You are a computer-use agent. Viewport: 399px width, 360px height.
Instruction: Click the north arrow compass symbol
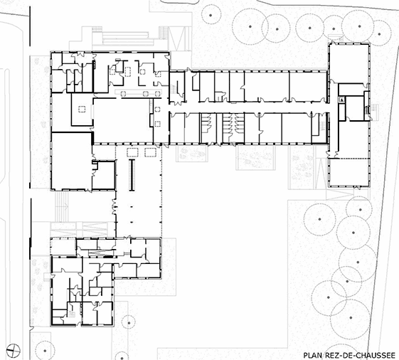[14, 350]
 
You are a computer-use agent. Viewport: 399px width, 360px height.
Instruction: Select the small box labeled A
[341, 100]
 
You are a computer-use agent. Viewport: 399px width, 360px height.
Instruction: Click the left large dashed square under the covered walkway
[132, 152]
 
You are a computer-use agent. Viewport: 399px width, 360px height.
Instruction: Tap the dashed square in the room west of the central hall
[82, 110]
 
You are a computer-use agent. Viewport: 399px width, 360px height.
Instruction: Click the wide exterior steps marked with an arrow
[62, 207]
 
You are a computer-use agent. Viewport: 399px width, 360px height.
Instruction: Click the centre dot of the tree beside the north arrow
[45, 351]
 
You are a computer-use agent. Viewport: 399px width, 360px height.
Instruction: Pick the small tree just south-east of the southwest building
[129, 323]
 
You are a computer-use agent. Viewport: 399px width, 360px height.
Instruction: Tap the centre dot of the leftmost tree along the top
[211, 15]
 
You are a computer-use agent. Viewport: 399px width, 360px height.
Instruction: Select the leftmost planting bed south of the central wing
[192, 154]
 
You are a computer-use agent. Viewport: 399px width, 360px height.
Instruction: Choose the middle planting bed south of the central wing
[255, 157]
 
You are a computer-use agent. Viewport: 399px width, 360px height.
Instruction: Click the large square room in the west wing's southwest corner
[72, 161]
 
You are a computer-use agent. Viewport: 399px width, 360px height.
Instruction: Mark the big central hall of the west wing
[122, 120]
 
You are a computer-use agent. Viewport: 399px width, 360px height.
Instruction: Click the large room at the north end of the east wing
[349, 63]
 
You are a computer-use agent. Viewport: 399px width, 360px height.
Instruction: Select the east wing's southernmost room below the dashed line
[349, 172]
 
